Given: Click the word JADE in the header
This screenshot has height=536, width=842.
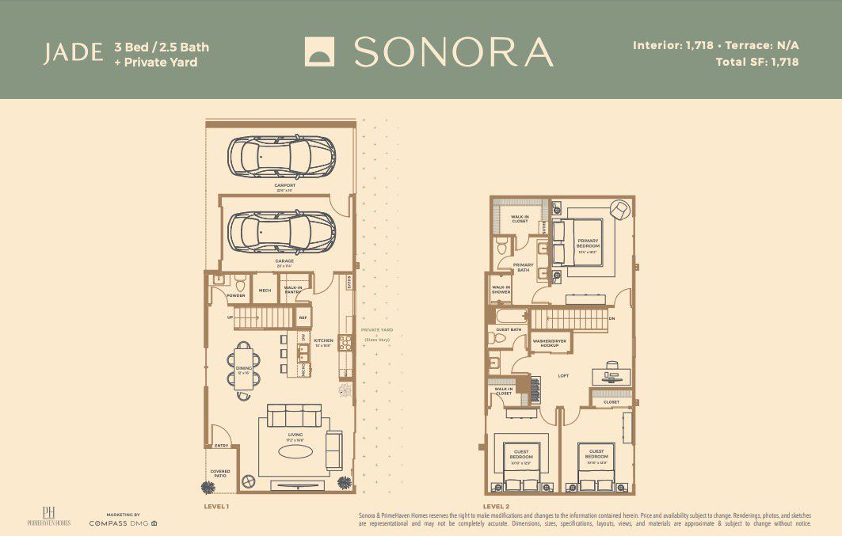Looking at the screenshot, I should click(73, 53).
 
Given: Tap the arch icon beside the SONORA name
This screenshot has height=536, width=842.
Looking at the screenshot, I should click(320, 53).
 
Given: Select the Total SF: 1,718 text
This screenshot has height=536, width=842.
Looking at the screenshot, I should click(756, 61).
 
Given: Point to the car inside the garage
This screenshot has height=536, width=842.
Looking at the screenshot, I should click(281, 231).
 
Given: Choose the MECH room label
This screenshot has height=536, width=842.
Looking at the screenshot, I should click(265, 291).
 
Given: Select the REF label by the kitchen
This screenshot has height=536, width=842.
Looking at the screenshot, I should click(302, 317).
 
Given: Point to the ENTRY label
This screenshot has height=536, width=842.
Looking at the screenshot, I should click(221, 446).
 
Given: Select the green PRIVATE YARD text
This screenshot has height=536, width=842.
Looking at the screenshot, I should click(377, 329).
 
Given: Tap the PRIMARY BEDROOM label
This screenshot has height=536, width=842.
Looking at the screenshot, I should click(588, 243).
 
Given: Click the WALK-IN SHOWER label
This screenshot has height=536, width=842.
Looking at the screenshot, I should click(501, 290).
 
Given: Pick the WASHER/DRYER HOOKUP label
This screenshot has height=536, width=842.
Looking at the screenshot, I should click(550, 344).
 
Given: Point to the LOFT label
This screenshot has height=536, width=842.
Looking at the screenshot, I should click(564, 375).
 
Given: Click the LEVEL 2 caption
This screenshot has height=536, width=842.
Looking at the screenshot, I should click(496, 505).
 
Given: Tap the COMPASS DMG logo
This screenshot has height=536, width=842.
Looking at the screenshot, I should click(123, 523).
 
